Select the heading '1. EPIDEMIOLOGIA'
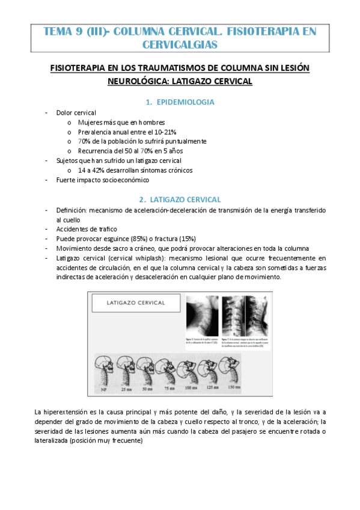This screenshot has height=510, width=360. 180,102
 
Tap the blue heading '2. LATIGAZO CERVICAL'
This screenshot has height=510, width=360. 180,199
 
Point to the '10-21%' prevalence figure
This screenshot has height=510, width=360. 163,132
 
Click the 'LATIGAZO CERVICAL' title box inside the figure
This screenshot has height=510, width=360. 133,304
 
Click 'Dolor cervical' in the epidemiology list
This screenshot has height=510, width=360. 76,112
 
